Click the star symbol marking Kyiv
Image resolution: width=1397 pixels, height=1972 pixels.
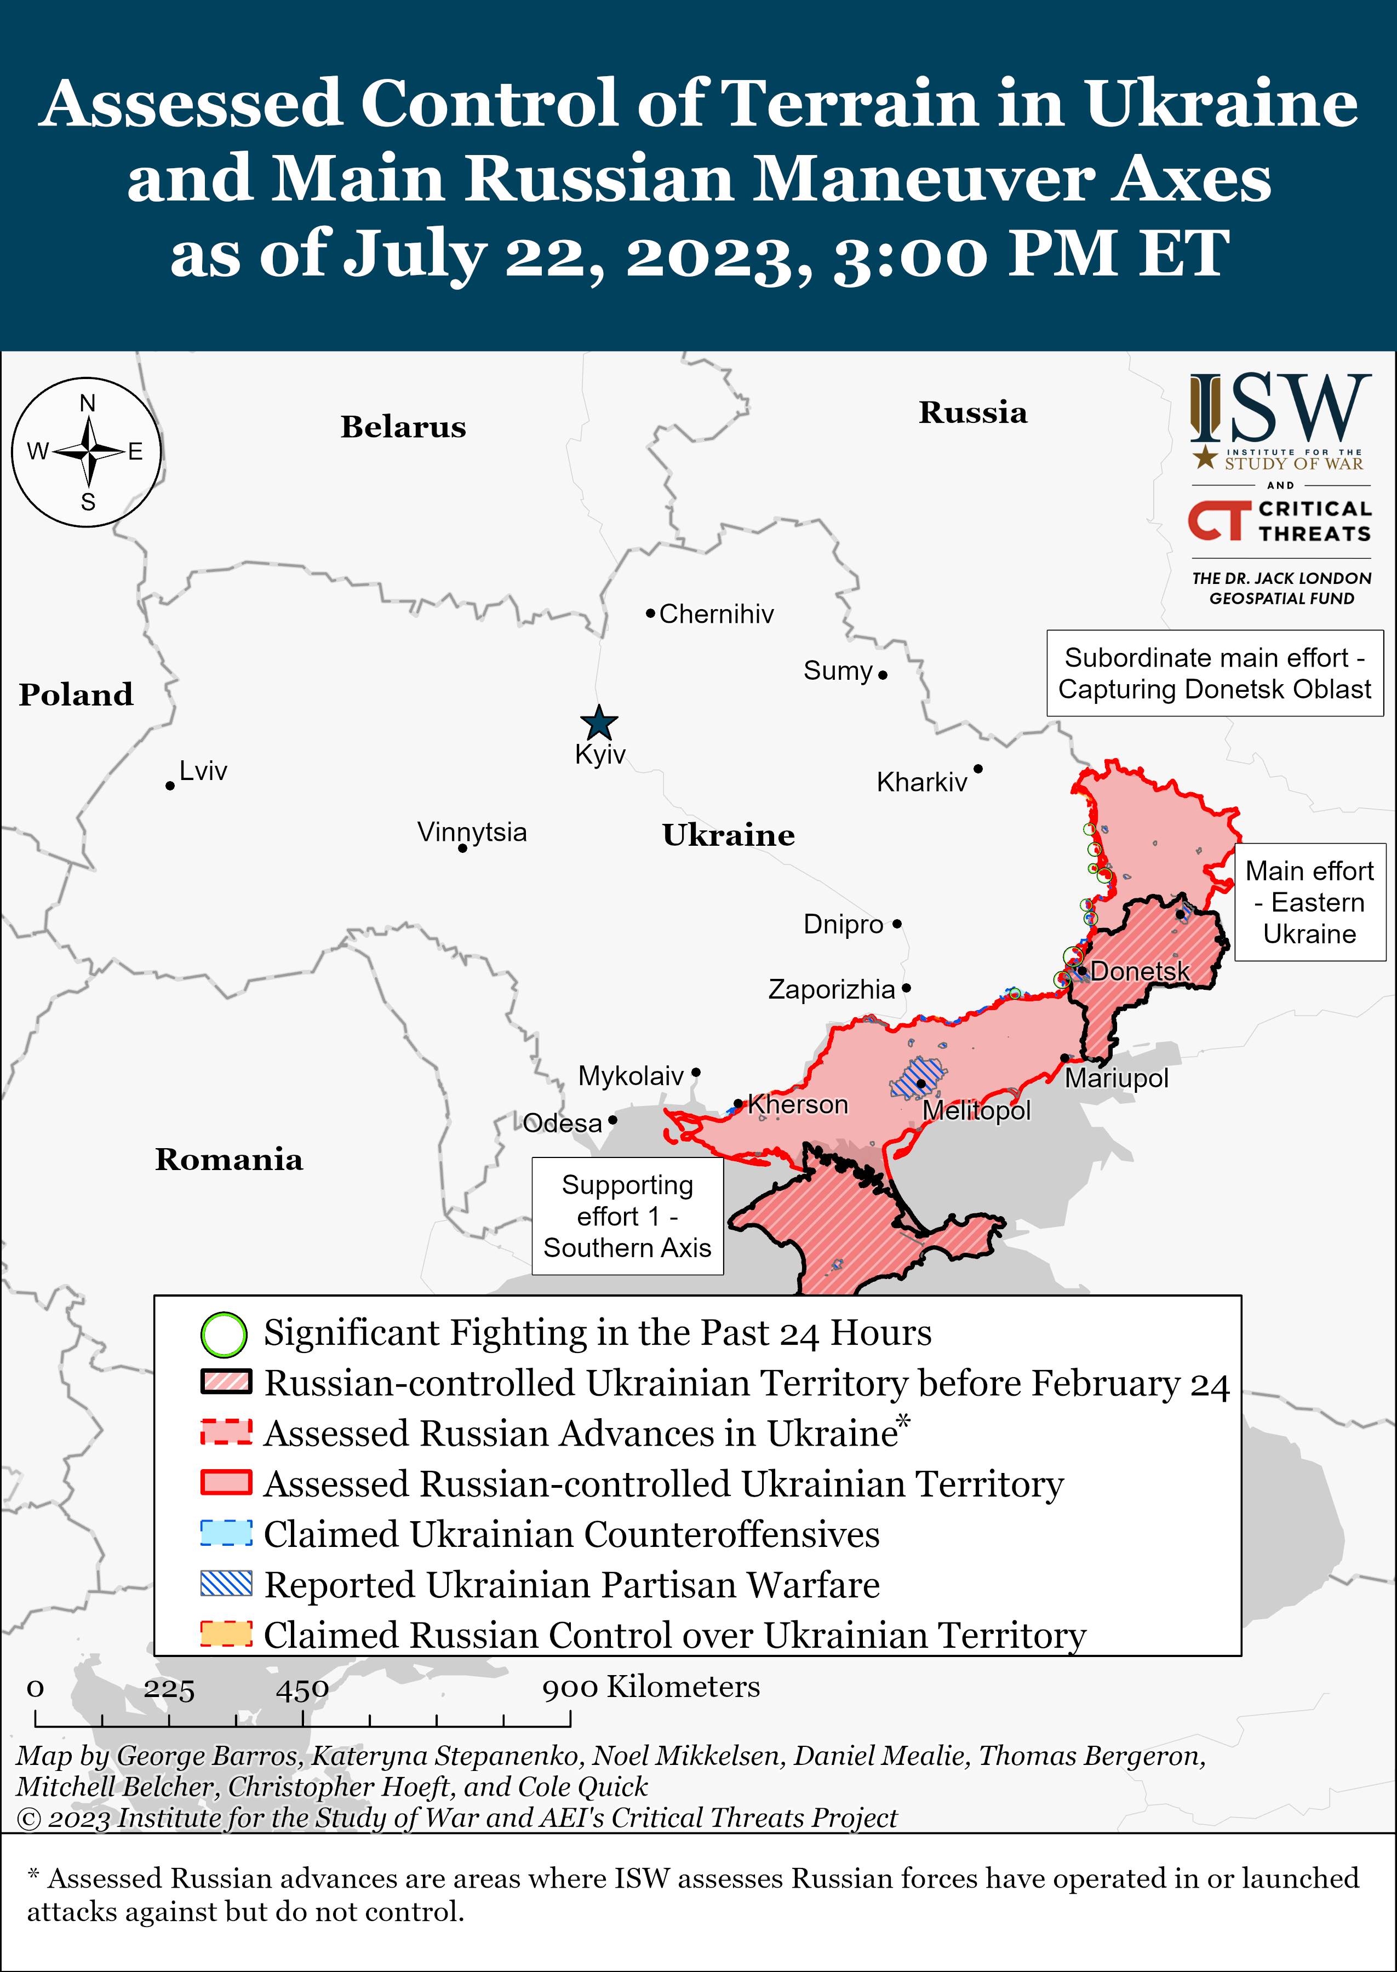tap(599, 723)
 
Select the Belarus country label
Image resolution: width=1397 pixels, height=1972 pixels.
tap(403, 427)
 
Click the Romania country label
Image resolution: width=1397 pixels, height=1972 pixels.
tap(229, 1159)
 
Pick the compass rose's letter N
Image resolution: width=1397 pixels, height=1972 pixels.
tap(87, 403)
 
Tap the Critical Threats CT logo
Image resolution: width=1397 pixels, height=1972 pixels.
tap(1219, 520)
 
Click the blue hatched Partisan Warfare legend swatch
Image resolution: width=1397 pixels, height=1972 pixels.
tap(226, 1583)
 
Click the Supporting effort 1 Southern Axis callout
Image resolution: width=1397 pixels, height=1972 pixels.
tap(627, 1216)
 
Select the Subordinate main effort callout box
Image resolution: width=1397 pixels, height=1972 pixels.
tap(1214, 673)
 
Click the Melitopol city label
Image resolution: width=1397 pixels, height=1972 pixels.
tap(976, 1110)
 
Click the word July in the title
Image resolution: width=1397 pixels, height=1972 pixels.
tap(415, 255)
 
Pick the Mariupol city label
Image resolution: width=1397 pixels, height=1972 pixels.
tap(1116, 1079)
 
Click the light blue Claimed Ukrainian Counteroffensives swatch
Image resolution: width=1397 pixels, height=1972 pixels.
tap(226, 1533)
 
